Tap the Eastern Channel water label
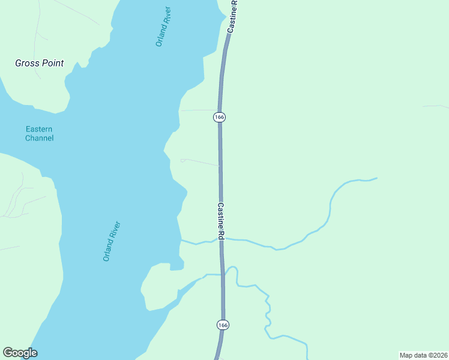tap(39, 133)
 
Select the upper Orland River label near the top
tap(163, 26)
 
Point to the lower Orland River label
tap(112, 241)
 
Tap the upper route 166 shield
tap(219, 118)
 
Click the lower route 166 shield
tap(223, 325)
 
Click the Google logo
tap(20, 353)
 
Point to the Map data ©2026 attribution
tap(423, 355)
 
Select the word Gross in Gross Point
tap(26, 63)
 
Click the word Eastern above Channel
tap(39, 129)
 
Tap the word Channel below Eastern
tap(39, 138)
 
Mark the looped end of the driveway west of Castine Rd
tap(182, 160)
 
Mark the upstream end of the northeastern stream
tap(376, 178)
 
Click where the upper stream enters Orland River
tap(181, 241)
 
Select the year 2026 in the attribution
tap(437, 355)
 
